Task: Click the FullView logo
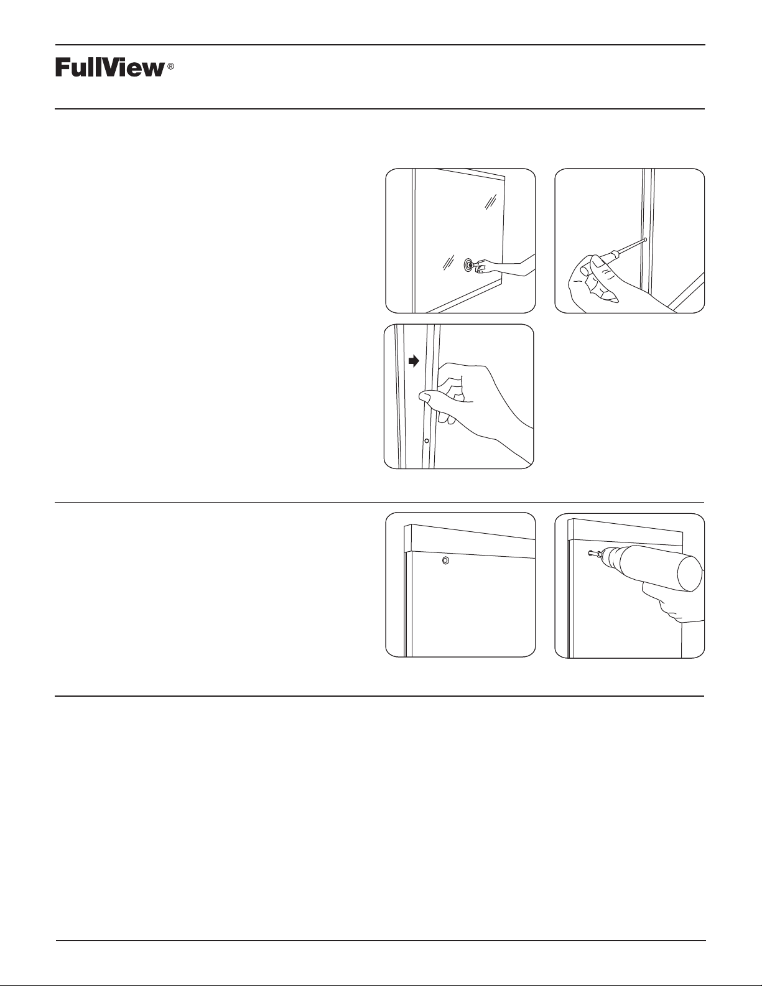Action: [114, 67]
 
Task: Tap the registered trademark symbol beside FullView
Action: [171, 67]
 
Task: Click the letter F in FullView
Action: [62, 67]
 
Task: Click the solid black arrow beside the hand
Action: [414, 361]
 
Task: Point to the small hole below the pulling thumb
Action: [426, 440]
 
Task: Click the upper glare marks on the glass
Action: [490, 202]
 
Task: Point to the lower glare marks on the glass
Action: [448, 263]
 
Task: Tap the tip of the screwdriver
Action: [645, 239]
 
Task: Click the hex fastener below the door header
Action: [445, 561]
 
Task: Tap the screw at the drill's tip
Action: [593, 554]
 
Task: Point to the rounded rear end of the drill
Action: [690, 574]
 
